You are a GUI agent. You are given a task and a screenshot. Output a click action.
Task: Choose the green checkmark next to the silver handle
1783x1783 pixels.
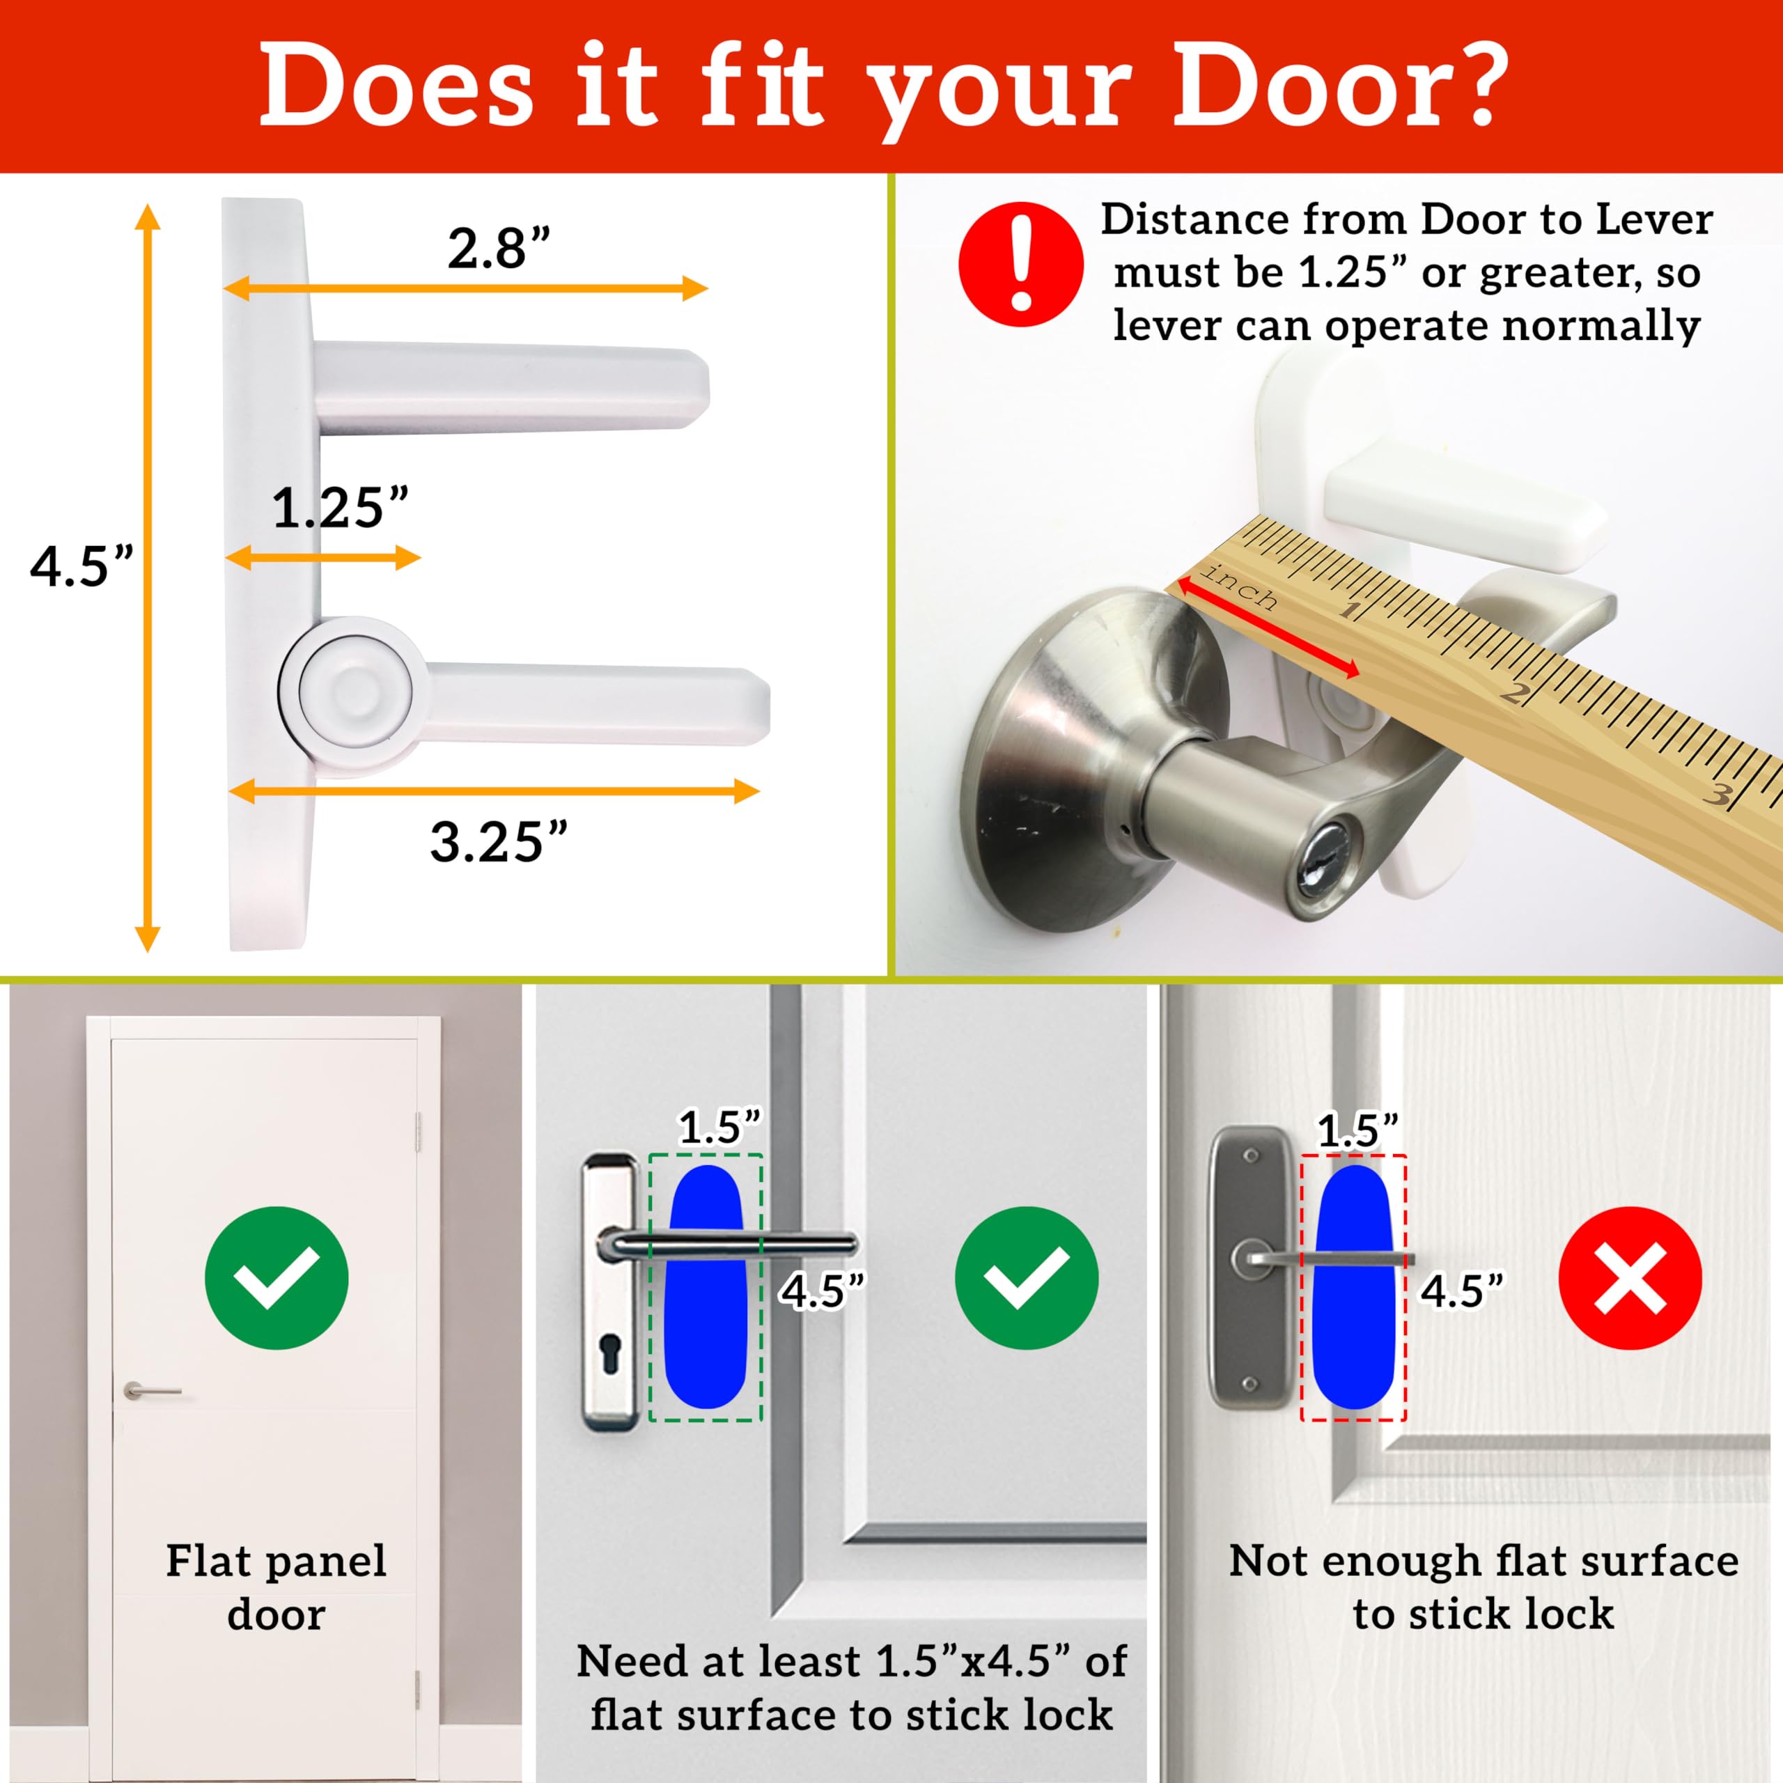pyautogui.click(x=1026, y=1277)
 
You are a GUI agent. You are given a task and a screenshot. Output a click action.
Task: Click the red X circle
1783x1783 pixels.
pyautogui.click(x=1630, y=1277)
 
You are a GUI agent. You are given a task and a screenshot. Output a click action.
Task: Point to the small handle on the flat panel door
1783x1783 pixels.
pyautogui.click(x=153, y=1390)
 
